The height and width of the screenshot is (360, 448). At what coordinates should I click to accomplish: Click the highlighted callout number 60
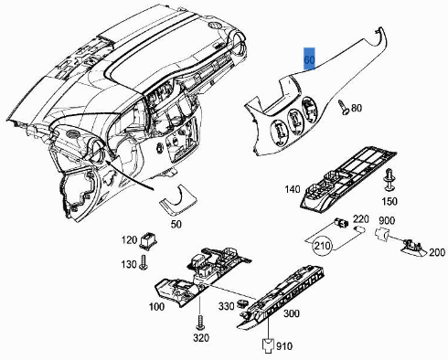pos(309,60)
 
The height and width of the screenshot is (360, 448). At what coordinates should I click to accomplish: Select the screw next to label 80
pos(341,107)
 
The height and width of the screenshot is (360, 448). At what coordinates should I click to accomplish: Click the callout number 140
pos(293,190)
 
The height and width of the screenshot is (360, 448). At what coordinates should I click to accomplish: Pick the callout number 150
pos(389,200)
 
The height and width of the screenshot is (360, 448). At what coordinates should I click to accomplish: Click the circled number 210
pos(323,247)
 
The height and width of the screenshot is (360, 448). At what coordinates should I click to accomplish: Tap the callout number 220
pos(360,218)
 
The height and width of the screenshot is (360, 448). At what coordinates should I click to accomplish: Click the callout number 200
pos(436,251)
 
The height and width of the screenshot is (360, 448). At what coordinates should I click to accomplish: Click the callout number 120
pos(130,239)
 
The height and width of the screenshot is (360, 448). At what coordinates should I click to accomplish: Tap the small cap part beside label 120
pos(148,242)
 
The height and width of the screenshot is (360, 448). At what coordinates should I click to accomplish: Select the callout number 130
pos(130,264)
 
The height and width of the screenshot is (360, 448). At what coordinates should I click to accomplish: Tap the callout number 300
pos(292,314)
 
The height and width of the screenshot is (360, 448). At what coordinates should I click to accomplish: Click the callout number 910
pos(284,347)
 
